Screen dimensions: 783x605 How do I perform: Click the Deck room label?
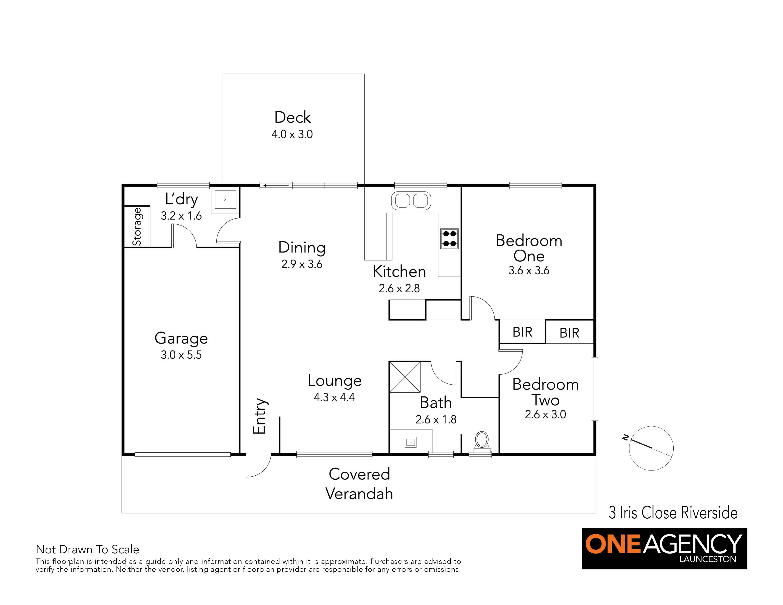pyautogui.click(x=293, y=117)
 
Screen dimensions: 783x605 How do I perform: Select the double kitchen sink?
pyautogui.click(x=411, y=201)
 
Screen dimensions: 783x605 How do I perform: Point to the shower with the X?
pyautogui.click(x=405, y=377)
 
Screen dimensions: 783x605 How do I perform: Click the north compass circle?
pyautogui.click(x=651, y=448)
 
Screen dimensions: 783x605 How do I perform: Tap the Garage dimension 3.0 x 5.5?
pyautogui.click(x=181, y=355)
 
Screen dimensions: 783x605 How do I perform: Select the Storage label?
pyautogui.click(x=137, y=227)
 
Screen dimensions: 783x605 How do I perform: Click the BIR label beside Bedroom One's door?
pyautogui.click(x=522, y=332)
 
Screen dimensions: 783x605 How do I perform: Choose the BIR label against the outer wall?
pyautogui.click(x=569, y=333)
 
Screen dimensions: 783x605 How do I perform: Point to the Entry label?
pyautogui.click(x=260, y=416)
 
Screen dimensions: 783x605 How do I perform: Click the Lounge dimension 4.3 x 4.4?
pyautogui.click(x=334, y=397)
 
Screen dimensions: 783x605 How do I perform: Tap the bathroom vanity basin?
pyautogui.click(x=410, y=442)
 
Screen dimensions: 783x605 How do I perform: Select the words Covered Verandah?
pyautogui.click(x=359, y=484)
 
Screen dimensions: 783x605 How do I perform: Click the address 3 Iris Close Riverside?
pyautogui.click(x=673, y=512)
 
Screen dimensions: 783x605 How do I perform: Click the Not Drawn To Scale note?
pyautogui.click(x=88, y=549)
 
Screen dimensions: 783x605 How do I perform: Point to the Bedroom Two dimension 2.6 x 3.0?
pyautogui.click(x=545, y=414)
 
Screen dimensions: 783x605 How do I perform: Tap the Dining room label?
pyautogui.click(x=302, y=248)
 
